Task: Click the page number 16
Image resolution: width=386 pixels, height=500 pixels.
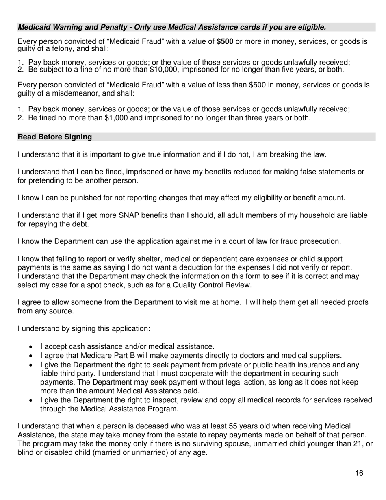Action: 359,473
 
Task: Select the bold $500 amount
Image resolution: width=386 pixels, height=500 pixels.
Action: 225,41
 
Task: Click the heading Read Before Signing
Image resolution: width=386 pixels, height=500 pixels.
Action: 55,137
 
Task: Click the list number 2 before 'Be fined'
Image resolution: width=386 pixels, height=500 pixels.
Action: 20,118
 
